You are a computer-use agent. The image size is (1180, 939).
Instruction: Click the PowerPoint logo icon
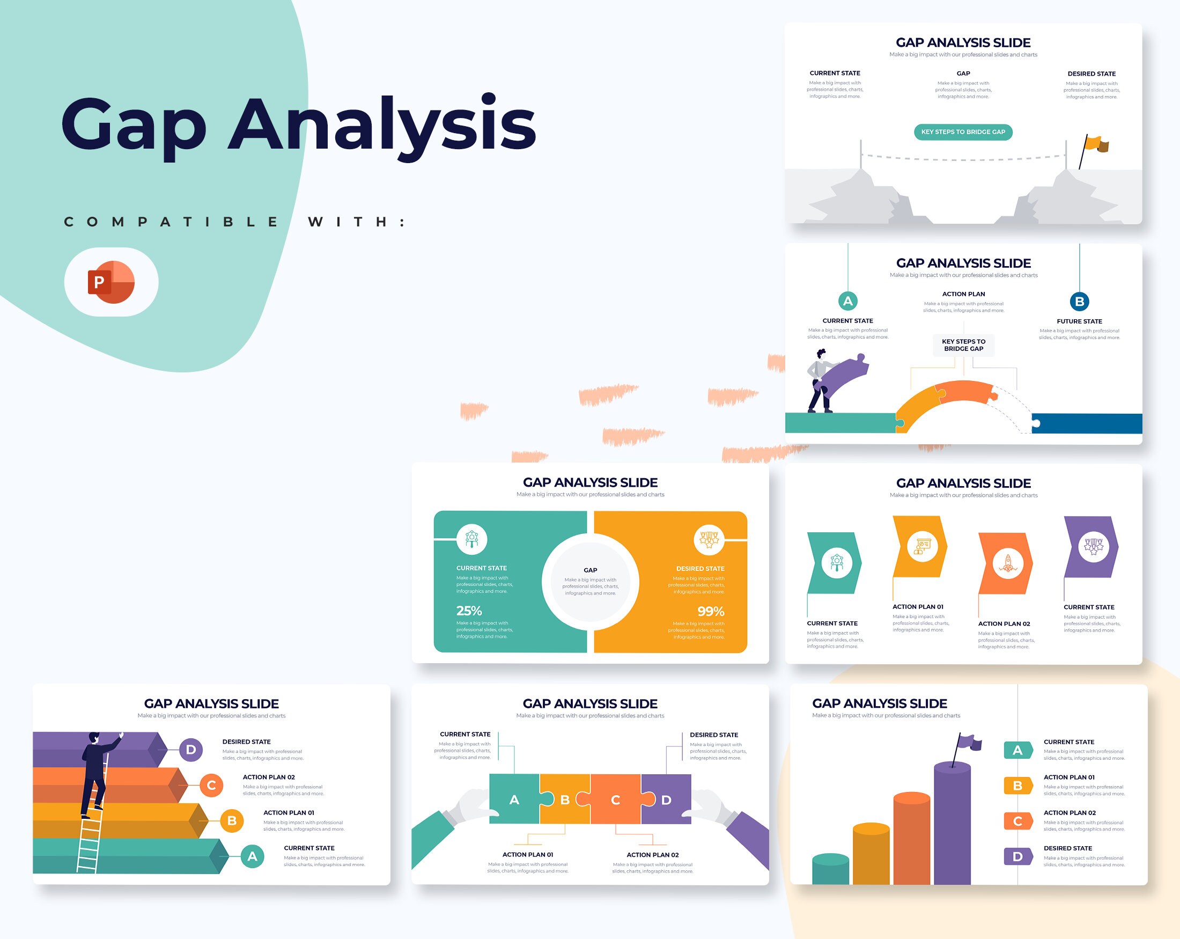pos(111,282)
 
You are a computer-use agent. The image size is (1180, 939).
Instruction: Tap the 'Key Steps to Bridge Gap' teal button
pos(963,132)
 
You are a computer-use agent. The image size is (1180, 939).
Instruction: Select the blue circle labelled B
pos(1079,301)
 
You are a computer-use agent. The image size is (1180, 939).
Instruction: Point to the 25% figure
pos(469,611)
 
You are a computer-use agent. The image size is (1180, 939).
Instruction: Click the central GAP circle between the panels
pos(590,582)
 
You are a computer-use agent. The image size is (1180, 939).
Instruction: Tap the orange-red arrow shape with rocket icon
pos(1006,563)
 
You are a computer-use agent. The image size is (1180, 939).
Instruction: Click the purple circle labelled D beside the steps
pos(190,750)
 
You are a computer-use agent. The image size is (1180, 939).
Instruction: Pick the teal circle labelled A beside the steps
pos(252,856)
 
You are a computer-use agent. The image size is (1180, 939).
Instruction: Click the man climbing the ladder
pos(97,769)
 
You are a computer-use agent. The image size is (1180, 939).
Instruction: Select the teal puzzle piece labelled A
pos(514,799)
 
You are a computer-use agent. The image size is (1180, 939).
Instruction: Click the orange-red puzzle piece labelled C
pos(615,799)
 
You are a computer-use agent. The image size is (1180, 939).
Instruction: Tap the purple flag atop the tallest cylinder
pos(970,743)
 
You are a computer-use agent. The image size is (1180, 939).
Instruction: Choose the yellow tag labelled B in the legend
pos(1017,786)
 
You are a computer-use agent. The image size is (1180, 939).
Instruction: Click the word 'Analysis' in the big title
pos(381,125)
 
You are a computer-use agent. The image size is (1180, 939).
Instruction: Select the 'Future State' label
pos(1079,321)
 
